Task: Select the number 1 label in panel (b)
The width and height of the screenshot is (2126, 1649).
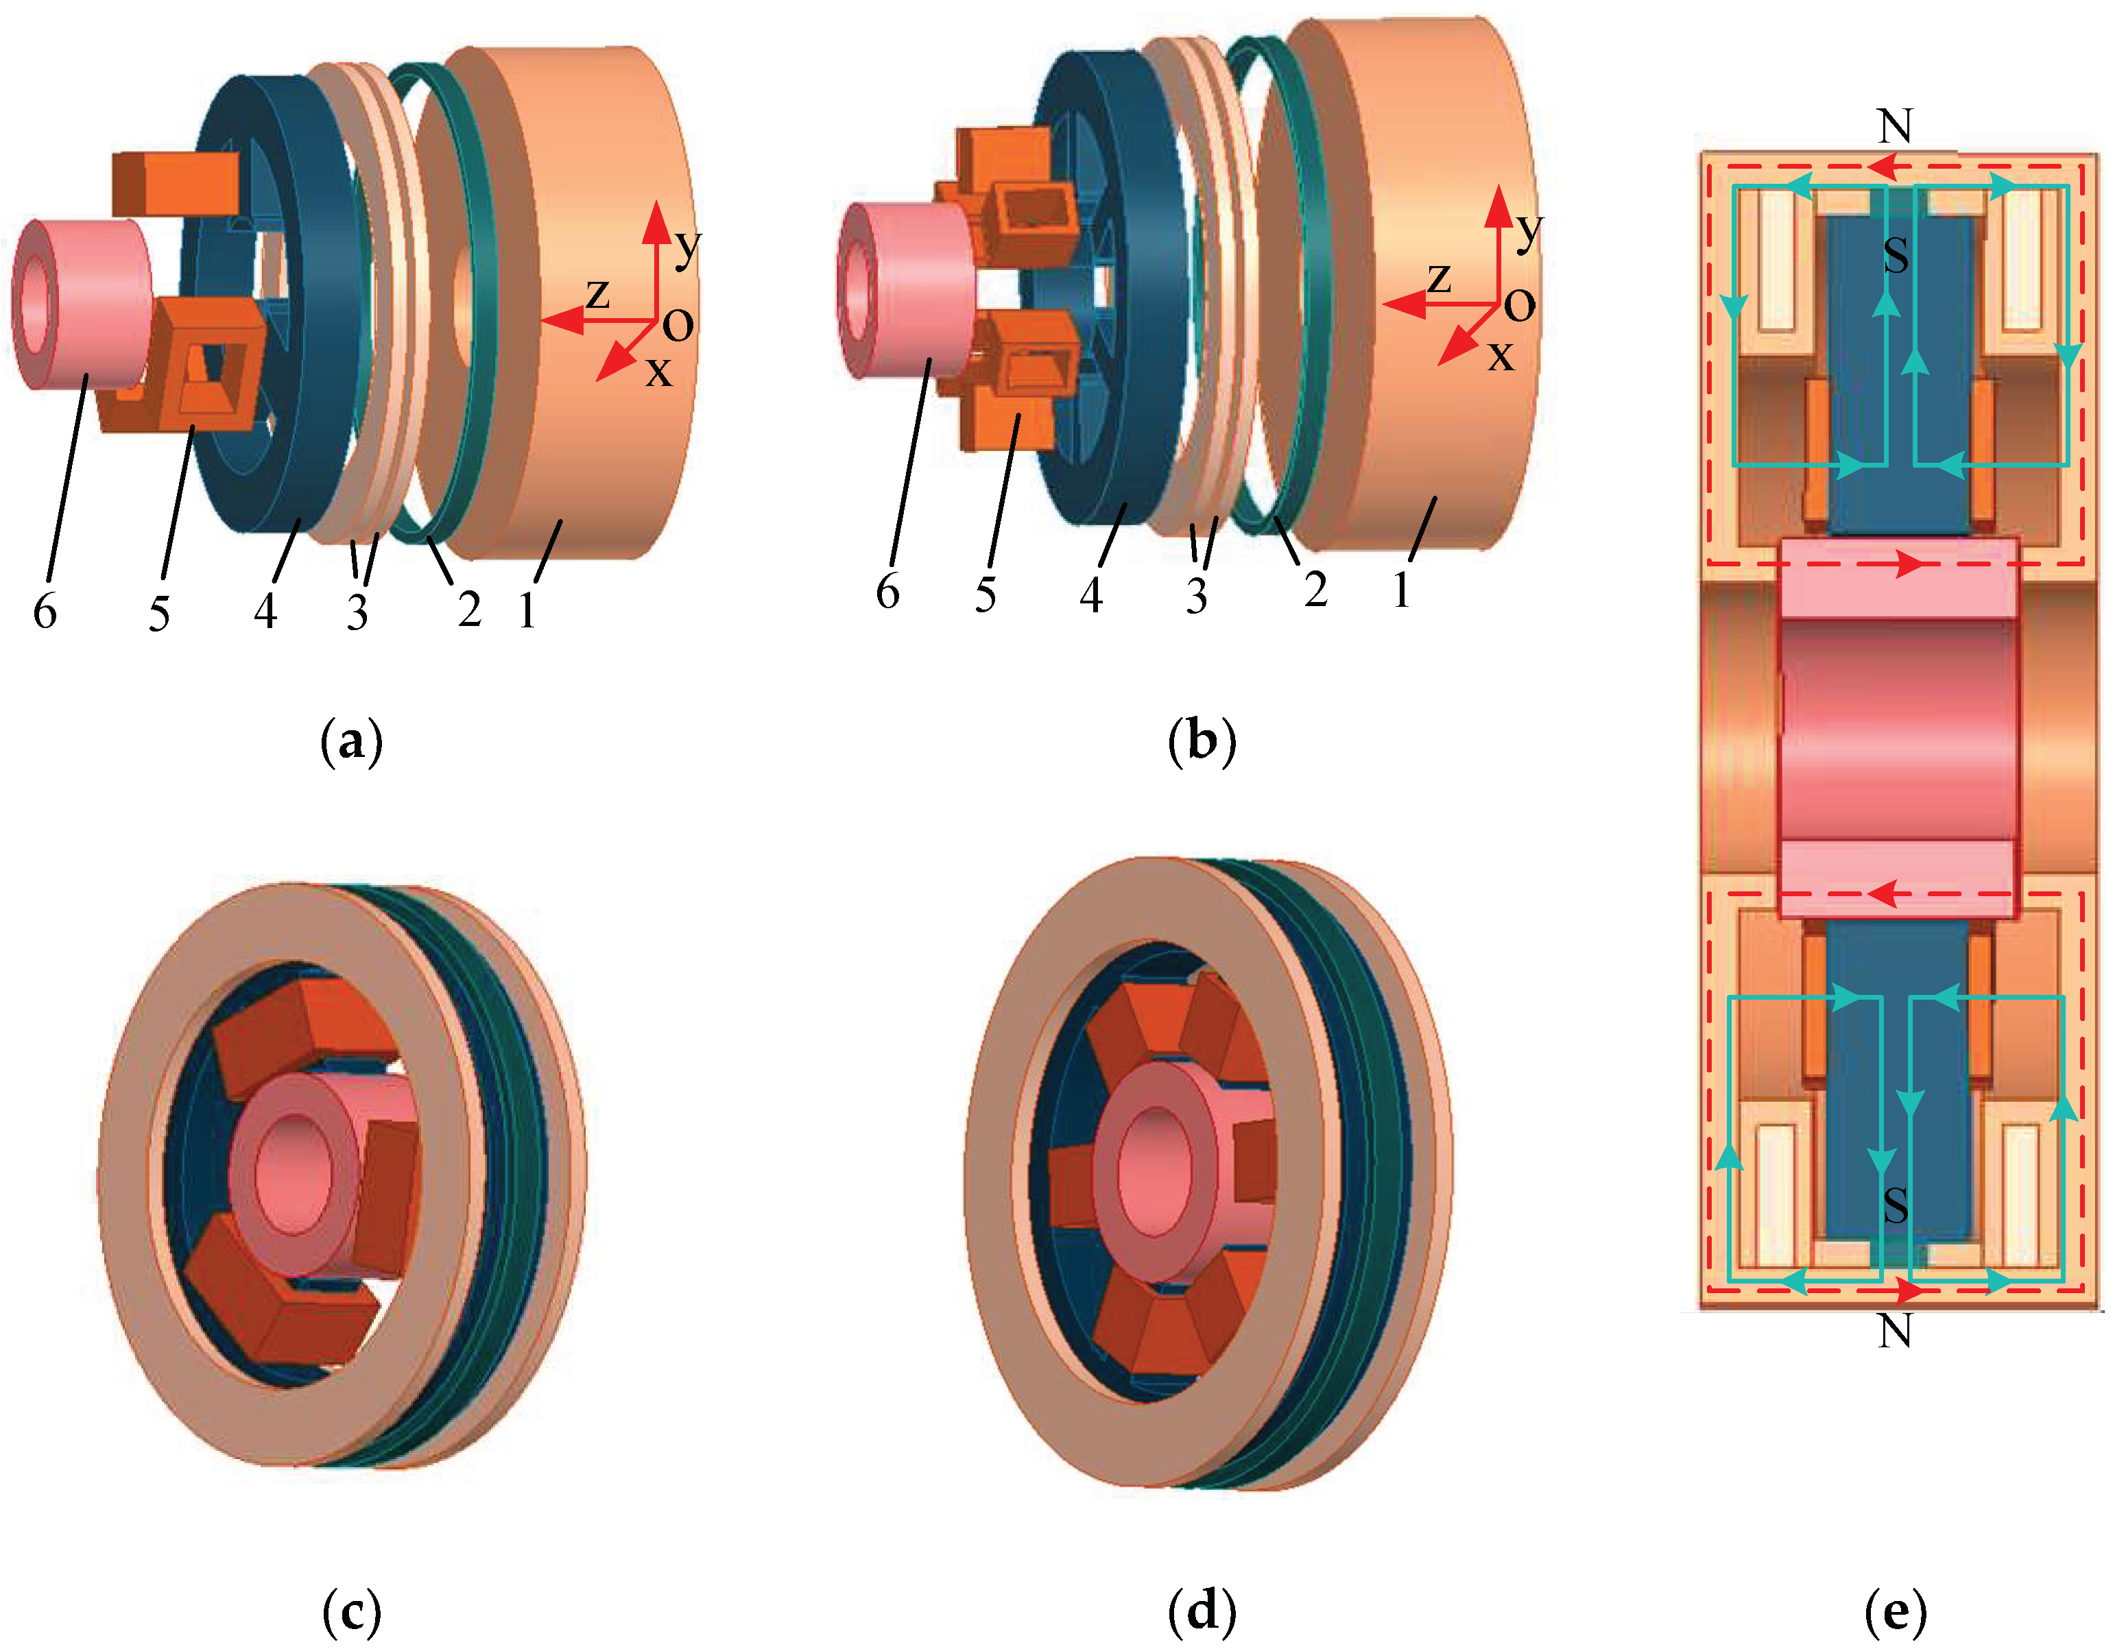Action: pyautogui.click(x=1402, y=590)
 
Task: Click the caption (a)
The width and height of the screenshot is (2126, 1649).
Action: pyautogui.click(x=351, y=742)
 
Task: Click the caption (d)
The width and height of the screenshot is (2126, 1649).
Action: pyautogui.click(x=1202, y=1611)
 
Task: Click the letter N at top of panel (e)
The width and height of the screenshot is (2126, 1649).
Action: pyautogui.click(x=1894, y=127)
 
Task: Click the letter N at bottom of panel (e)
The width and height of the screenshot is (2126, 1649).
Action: pyautogui.click(x=1894, y=1331)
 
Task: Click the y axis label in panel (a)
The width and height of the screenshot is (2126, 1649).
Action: pyautogui.click(x=687, y=245)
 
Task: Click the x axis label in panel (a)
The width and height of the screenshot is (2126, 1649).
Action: pyautogui.click(x=659, y=372)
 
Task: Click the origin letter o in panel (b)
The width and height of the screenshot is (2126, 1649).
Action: pyautogui.click(x=1520, y=306)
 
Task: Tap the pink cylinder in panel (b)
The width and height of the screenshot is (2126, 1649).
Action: pyautogui.click(x=905, y=289)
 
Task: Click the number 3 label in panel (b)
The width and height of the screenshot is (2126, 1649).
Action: pyautogui.click(x=1196, y=596)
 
